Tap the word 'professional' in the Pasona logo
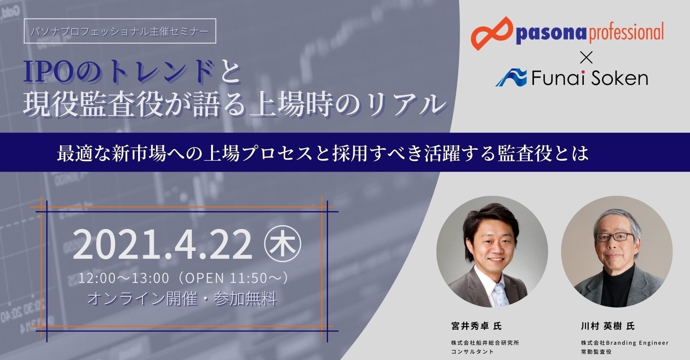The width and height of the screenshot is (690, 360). click(626, 33)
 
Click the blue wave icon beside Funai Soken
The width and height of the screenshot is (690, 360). click(511, 77)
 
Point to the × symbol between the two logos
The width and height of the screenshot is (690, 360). click(586, 58)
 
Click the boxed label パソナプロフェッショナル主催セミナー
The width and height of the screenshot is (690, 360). click(120, 31)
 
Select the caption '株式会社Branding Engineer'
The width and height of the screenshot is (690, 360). click(625, 343)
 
